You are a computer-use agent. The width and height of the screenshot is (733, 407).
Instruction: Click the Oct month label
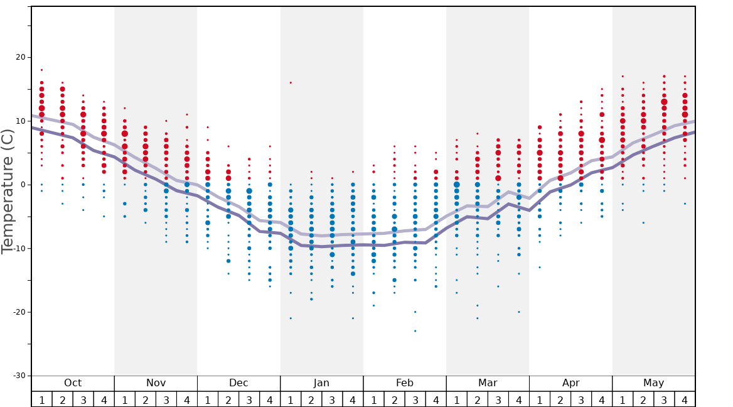[73, 383]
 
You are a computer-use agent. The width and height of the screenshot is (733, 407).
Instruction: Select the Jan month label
[321, 383]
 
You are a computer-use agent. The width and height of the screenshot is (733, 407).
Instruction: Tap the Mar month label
[488, 383]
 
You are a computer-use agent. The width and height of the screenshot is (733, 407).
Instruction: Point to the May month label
[653, 383]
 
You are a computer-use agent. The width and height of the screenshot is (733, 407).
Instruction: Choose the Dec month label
[238, 383]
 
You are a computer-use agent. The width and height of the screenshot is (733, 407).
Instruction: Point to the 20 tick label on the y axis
[21, 57]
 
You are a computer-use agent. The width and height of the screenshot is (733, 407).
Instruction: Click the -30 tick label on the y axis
[19, 376]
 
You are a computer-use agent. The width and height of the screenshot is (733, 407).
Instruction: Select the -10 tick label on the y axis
[19, 248]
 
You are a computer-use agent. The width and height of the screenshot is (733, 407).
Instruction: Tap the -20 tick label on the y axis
[19, 312]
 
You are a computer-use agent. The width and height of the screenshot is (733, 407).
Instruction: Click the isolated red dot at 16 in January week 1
[291, 82]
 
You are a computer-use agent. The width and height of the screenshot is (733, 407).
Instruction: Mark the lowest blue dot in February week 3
[415, 331]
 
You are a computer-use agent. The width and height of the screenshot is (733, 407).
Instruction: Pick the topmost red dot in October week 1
[42, 70]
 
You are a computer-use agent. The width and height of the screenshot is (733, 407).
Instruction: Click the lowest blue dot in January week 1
[291, 318]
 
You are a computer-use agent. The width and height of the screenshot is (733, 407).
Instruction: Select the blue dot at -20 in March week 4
[519, 312]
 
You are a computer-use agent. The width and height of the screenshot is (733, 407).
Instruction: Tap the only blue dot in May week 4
[685, 203]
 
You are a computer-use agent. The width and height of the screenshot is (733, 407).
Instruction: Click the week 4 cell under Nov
[187, 399]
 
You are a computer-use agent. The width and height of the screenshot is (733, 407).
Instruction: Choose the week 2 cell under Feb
[394, 399]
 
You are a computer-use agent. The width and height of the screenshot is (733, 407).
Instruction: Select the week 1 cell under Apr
[540, 399]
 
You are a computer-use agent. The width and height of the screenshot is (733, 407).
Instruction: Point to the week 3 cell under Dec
[249, 399]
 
